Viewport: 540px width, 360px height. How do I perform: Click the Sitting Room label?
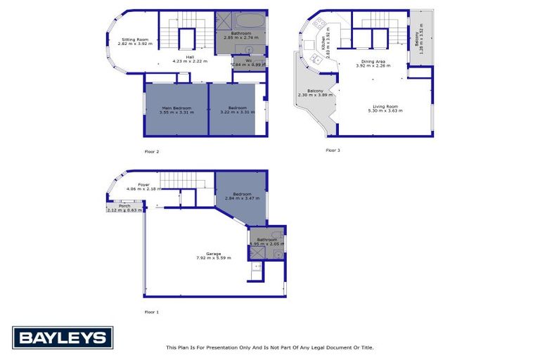135,39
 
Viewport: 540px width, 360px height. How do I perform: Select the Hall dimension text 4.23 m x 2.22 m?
189,61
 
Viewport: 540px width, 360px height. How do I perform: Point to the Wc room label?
249,60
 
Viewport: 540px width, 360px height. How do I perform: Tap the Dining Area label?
373,63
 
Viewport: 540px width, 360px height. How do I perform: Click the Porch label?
124,205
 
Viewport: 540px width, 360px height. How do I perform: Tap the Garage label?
214,253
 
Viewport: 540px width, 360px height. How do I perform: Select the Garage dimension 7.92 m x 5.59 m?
214,258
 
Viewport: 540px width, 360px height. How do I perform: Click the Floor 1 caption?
152,311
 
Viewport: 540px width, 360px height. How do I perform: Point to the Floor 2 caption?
152,152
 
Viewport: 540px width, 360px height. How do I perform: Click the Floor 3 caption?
333,150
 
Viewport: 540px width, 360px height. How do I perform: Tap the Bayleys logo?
63,338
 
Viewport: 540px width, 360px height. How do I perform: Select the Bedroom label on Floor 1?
243,193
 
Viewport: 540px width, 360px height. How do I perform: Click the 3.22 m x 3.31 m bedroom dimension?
236,112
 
